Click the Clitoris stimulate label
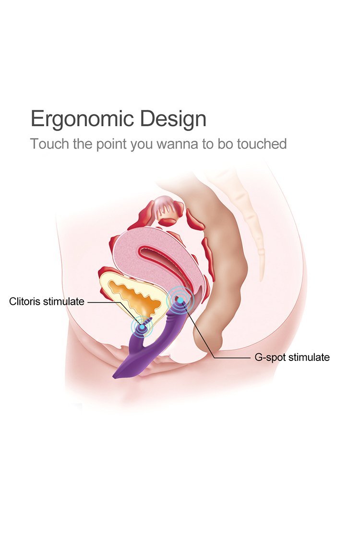(x=47, y=301)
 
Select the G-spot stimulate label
(x=291, y=357)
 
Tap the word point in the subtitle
(x=112, y=144)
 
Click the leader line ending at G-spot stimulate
(x=230, y=358)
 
